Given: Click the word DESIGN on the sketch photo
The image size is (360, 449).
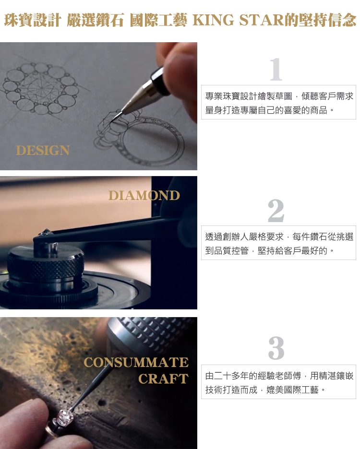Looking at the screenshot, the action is (x=43, y=150).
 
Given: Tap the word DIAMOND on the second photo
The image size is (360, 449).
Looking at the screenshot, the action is (x=144, y=196).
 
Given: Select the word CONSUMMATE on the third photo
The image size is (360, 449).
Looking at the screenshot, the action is (x=136, y=362).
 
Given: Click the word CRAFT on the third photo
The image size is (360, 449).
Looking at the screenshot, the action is (x=163, y=379).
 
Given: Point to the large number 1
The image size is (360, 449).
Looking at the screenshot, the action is (x=276, y=69).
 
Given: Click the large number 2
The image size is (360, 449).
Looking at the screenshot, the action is (x=276, y=211).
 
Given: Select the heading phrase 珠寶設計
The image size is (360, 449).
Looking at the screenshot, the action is (x=32, y=20).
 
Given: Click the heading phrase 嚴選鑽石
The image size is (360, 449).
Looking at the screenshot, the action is (x=95, y=20).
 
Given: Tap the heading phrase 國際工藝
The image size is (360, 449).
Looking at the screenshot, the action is (x=158, y=20).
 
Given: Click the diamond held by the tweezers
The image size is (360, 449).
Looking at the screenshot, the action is (x=46, y=233).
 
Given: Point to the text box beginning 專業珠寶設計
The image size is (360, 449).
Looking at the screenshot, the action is (x=278, y=102).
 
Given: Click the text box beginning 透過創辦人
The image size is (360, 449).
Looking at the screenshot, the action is (x=278, y=243).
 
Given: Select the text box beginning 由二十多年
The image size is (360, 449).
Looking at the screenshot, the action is (x=278, y=382).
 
